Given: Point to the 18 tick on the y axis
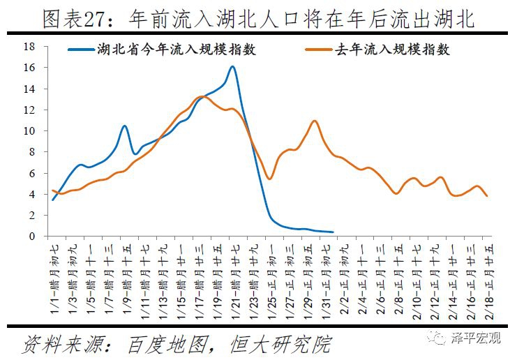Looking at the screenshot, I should click(x=29, y=47).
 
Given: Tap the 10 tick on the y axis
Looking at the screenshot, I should click(x=29, y=131).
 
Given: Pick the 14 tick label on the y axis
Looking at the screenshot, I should click(x=29, y=89).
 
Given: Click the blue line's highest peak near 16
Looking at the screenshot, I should click(x=232, y=67).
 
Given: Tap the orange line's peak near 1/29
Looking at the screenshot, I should click(x=315, y=121).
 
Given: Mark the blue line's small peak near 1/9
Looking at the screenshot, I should click(x=124, y=126).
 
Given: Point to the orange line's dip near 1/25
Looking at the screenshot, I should click(x=269, y=179).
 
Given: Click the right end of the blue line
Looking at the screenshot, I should click(x=333, y=232).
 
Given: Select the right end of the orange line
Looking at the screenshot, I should click(x=486, y=195).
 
